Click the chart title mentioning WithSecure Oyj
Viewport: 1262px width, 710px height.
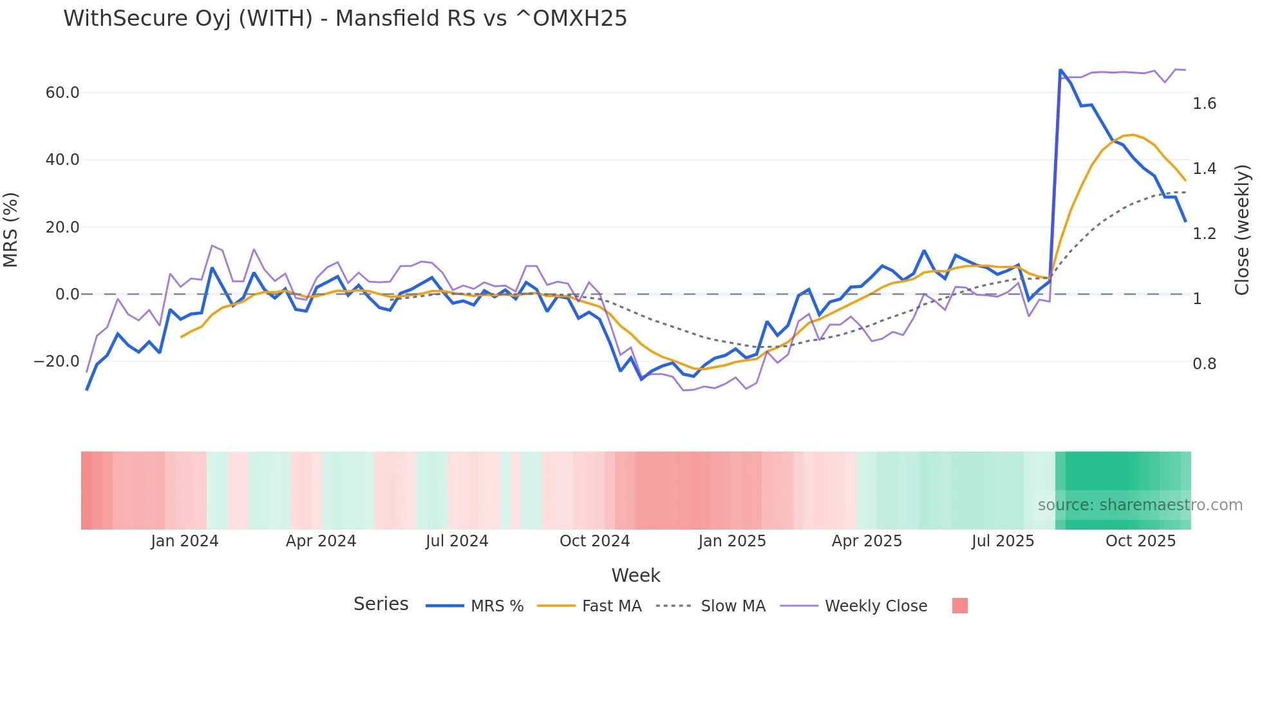point(344,18)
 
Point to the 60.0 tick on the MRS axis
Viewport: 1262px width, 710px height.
point(62,93)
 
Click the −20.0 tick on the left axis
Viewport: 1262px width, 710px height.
point(57,361)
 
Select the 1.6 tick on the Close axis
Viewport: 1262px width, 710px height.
point(1204,104)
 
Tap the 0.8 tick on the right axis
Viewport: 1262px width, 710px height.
point(1204,364)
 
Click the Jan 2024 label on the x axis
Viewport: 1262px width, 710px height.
point(184,541)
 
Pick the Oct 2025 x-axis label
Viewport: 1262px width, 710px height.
point(1140,541)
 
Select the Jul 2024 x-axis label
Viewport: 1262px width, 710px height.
point(457,541)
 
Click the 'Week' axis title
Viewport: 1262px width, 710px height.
point(636,575)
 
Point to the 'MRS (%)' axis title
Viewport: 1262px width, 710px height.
point(11,229)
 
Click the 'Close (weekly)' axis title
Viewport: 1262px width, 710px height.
point(1242,229)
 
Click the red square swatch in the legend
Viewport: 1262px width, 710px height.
point(959,606)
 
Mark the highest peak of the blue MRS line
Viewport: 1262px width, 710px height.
point(1060,70)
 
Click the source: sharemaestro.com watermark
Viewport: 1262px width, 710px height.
point(1140,505)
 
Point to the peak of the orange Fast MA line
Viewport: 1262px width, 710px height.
point(1133,135)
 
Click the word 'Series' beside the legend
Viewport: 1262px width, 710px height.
point(381,604)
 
